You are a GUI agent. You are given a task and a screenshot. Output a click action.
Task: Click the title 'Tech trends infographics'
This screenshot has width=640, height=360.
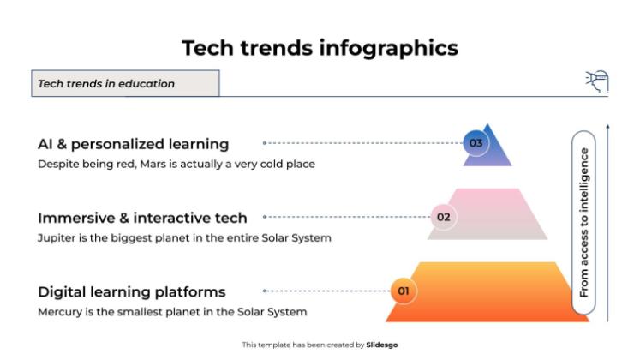[x=320, y=48]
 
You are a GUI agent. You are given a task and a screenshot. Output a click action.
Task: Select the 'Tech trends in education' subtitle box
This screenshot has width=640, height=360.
[x=125, y=83]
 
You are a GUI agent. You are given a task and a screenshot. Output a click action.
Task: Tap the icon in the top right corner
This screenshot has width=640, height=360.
[x=596, y=81]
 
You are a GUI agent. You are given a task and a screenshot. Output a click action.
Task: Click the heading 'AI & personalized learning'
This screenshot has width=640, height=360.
[x=133, y=144]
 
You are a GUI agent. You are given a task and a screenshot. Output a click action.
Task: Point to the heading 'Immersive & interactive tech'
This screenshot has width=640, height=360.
[x=142, y=218]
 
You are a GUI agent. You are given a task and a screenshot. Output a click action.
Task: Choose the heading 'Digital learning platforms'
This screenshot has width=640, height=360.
[x=131, y=291]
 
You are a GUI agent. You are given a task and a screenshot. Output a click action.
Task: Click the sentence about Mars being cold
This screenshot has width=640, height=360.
[x=176, y=164]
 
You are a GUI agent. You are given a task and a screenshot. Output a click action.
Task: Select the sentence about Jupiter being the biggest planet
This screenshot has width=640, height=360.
[x=183, y=237]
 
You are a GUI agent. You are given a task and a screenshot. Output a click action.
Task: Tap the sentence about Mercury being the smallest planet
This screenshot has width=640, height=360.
[x=171, y=312]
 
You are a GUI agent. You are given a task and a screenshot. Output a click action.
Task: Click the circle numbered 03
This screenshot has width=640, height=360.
[x=476, y=143]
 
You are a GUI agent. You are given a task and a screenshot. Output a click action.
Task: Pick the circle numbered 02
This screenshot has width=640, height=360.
[x=443, y=217]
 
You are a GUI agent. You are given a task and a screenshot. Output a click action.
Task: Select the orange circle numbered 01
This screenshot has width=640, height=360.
[x=404, y=291]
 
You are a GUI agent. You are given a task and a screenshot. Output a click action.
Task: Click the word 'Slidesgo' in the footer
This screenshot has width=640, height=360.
[x=381, y=345]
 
